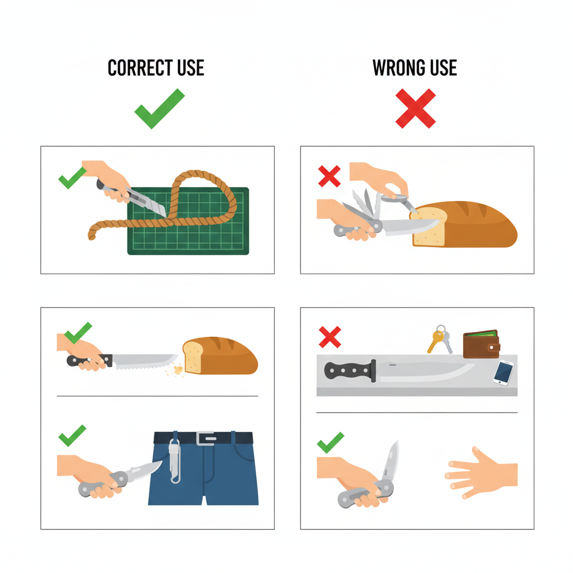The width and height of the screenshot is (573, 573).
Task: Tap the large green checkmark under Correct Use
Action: pyautogui.click(x=159, y=109)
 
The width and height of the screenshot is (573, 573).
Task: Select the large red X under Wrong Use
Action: pyautogui.click(x=416, y=109)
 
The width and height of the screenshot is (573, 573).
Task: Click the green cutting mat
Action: pyautogui.click(x=188, y=221)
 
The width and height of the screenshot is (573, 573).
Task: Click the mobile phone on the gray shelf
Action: pyautogui.click(x=503, y=373)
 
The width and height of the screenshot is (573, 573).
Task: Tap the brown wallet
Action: pyautogui.click(x=481, y=344)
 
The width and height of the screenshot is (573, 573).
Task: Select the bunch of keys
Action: pyautogui.click(x=440, y=339)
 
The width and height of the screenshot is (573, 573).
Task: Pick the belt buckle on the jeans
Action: pyautogui.click(x=206, y=438)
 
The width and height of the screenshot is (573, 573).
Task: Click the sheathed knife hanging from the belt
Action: pyautogui.click(x=175, y=461)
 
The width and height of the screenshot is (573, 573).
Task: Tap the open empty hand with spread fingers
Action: pyautogui.click(x=481, y=472)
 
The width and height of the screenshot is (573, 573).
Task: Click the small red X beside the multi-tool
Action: pyautogui.click(x=329, y=176)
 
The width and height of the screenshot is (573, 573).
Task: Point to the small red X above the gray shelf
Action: pyautogui.click(x=330, y=337)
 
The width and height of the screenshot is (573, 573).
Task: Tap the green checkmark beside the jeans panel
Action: pyautogui.click(x=72, y=435)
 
